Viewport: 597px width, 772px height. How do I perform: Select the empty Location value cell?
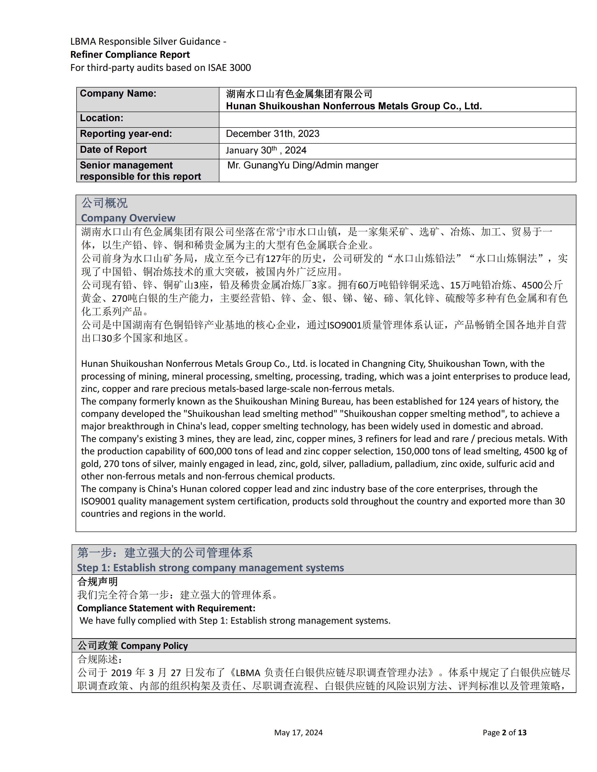coord(397,120)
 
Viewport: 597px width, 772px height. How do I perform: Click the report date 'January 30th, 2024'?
coord(266,150)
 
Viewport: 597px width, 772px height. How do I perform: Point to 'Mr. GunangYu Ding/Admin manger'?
coord(303,165)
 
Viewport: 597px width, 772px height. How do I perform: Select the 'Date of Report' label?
coord(113,149)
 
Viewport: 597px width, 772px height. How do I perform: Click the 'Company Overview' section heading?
coord(128,218)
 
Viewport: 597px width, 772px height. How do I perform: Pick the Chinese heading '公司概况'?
coord(104,203)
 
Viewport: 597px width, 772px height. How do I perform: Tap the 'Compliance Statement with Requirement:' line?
coord(166,608)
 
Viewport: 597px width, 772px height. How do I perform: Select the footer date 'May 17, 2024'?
coord(298,732)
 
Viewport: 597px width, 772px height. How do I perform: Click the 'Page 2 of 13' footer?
coord(504,732)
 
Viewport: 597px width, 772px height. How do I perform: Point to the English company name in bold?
coord(354,106)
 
